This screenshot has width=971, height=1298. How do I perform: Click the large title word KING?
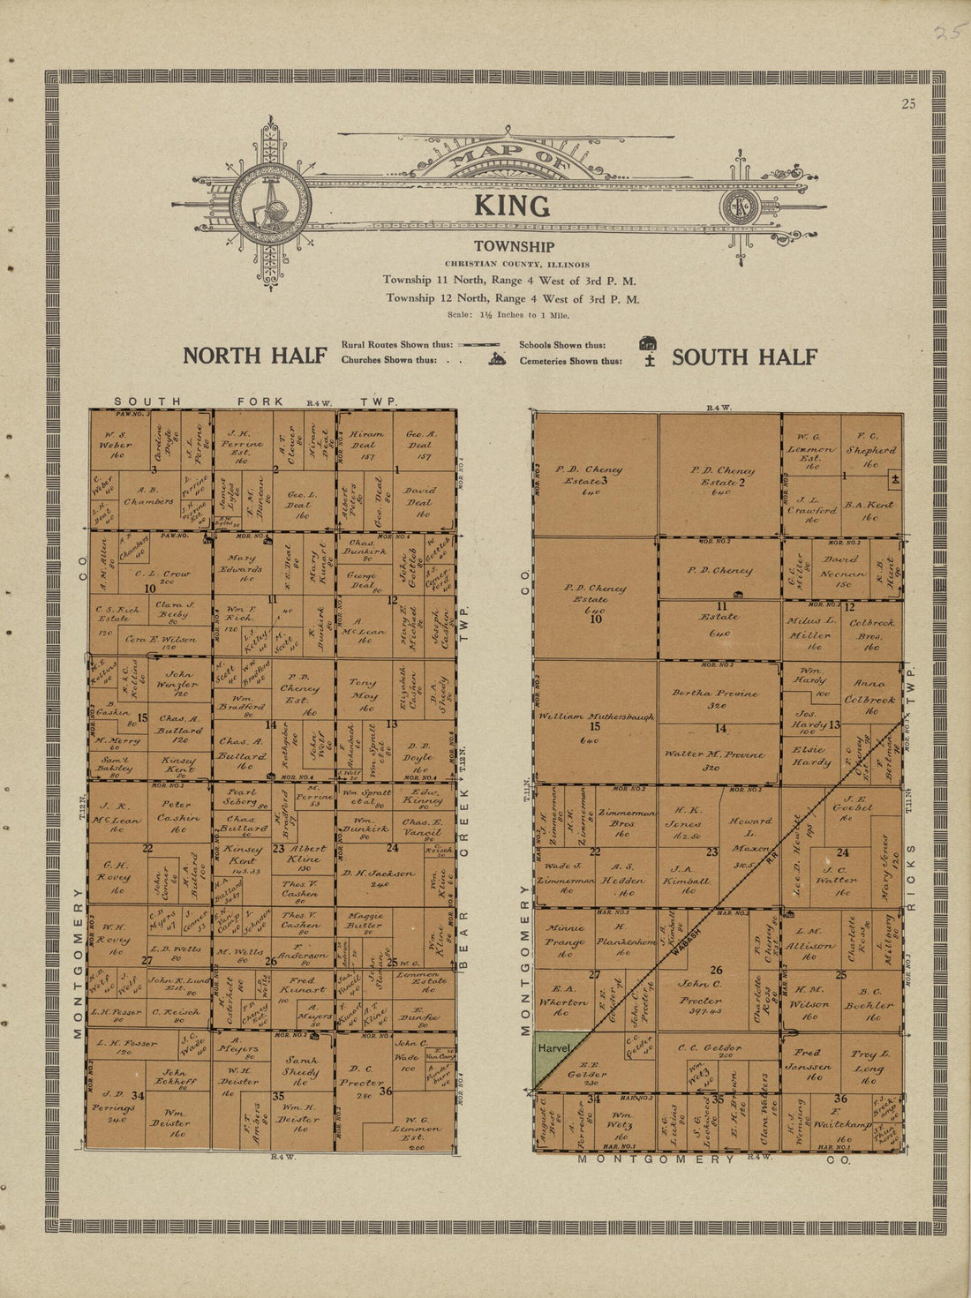(x=511, y=206)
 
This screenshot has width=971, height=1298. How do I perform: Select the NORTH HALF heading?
(x=254, y=356)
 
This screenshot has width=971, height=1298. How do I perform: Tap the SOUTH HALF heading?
(x=744, y=357)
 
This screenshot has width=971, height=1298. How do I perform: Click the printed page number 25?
(x=908, y=104)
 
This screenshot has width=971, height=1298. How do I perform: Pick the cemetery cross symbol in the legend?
(x=650, y=361)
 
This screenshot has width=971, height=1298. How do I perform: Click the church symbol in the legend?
(x=498, y=359)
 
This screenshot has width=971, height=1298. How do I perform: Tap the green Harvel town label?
(x=553, y=1047)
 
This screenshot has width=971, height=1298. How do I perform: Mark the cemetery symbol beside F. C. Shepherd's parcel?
(x=895, y=478)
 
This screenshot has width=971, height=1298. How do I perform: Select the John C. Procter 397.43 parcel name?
(x=701, y=992)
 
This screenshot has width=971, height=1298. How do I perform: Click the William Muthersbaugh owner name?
(x=597, y=717)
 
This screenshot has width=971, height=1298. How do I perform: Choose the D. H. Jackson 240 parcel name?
(x=379, y=873)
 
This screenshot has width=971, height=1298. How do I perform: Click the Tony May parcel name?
(x=363, y=687)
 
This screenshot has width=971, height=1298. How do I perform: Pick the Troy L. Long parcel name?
(x=869, y=1060)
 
